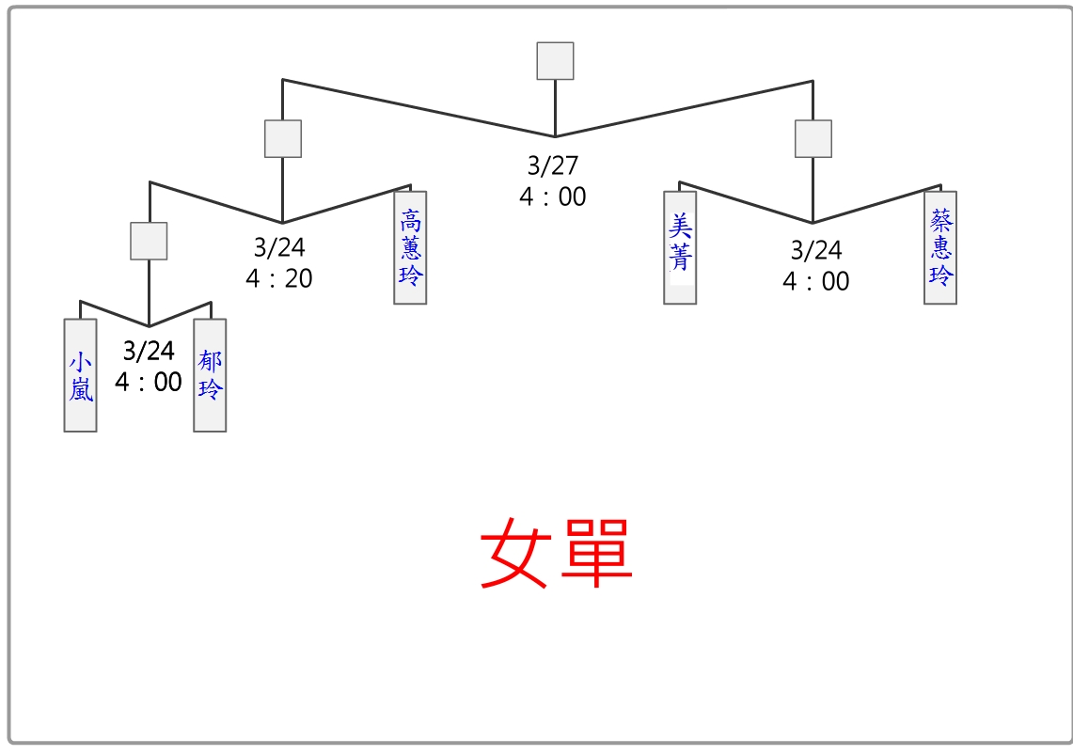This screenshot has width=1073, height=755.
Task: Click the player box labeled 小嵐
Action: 80,375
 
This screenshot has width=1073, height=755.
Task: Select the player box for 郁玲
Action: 210,375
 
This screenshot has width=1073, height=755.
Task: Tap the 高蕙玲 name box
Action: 410,247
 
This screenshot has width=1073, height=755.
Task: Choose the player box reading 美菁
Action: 680,247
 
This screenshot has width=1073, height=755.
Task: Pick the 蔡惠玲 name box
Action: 940,247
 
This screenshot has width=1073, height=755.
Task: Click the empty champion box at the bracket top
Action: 555,61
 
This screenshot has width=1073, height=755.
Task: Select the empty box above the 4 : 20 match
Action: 283,138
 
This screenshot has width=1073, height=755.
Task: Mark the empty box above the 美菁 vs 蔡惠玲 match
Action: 813,138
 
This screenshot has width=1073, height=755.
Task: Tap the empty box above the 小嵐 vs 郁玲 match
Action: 149,241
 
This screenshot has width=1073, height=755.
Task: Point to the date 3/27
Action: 553,166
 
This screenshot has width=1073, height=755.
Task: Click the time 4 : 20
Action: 279,279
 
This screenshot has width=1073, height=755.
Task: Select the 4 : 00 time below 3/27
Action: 553,197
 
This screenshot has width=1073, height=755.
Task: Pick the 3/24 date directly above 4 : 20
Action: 279,248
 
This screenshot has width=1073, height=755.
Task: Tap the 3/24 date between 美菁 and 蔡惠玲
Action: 816,250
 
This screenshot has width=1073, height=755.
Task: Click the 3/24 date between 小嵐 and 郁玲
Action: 149,352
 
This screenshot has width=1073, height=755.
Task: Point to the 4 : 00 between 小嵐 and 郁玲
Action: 149,383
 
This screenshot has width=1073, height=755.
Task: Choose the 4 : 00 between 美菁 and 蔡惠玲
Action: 816,281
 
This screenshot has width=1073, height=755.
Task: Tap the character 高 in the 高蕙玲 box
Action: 410,221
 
